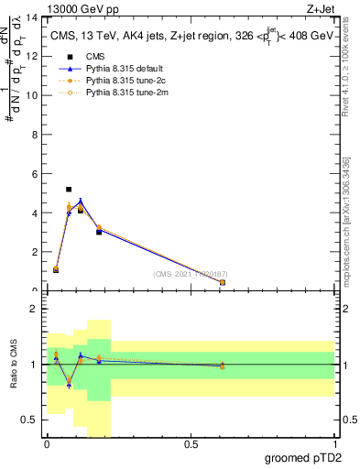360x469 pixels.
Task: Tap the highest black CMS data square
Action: [x=69, y=190]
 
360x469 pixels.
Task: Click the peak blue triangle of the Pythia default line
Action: [x=106, y=202]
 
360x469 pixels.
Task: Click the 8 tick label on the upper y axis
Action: [x=37, y=135]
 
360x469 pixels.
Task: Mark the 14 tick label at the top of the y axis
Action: [x=35, y=17]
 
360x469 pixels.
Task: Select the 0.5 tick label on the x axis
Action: [x=191, y=445]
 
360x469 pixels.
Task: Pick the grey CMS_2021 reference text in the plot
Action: [x=191, y=274]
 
